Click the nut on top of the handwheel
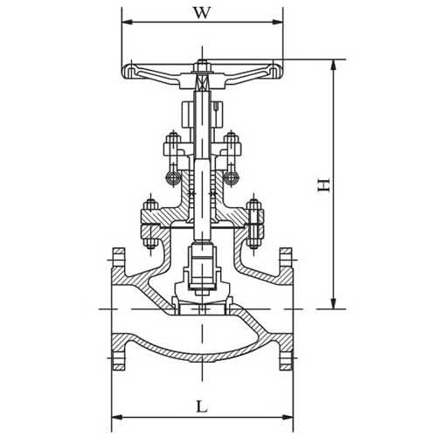pos(202,64)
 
